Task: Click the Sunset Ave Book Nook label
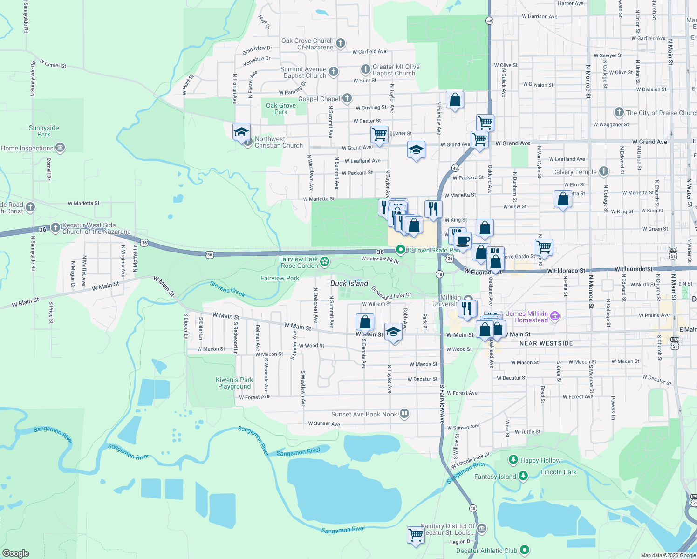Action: point(364,414)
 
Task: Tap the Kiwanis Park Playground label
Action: point(234,383)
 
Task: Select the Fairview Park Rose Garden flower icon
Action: point(325,262)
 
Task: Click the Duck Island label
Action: point(349,283)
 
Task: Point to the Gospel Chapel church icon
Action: point(347,98)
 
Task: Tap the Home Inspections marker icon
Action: point(60,148)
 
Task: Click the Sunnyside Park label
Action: point(44,131)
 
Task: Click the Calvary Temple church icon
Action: point(604,171)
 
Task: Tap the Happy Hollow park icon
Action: point(513,460)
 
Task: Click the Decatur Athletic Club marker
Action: point(525,550)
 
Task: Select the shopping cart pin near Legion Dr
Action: point(416,535)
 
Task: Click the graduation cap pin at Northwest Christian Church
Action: point(241,132)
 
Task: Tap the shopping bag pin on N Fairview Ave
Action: point(455,100)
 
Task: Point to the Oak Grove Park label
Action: point(281,109)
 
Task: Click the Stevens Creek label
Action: point(227,289)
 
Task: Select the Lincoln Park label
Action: point(559,472)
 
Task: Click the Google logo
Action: point(16,553)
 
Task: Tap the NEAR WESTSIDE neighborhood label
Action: point(546,343)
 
